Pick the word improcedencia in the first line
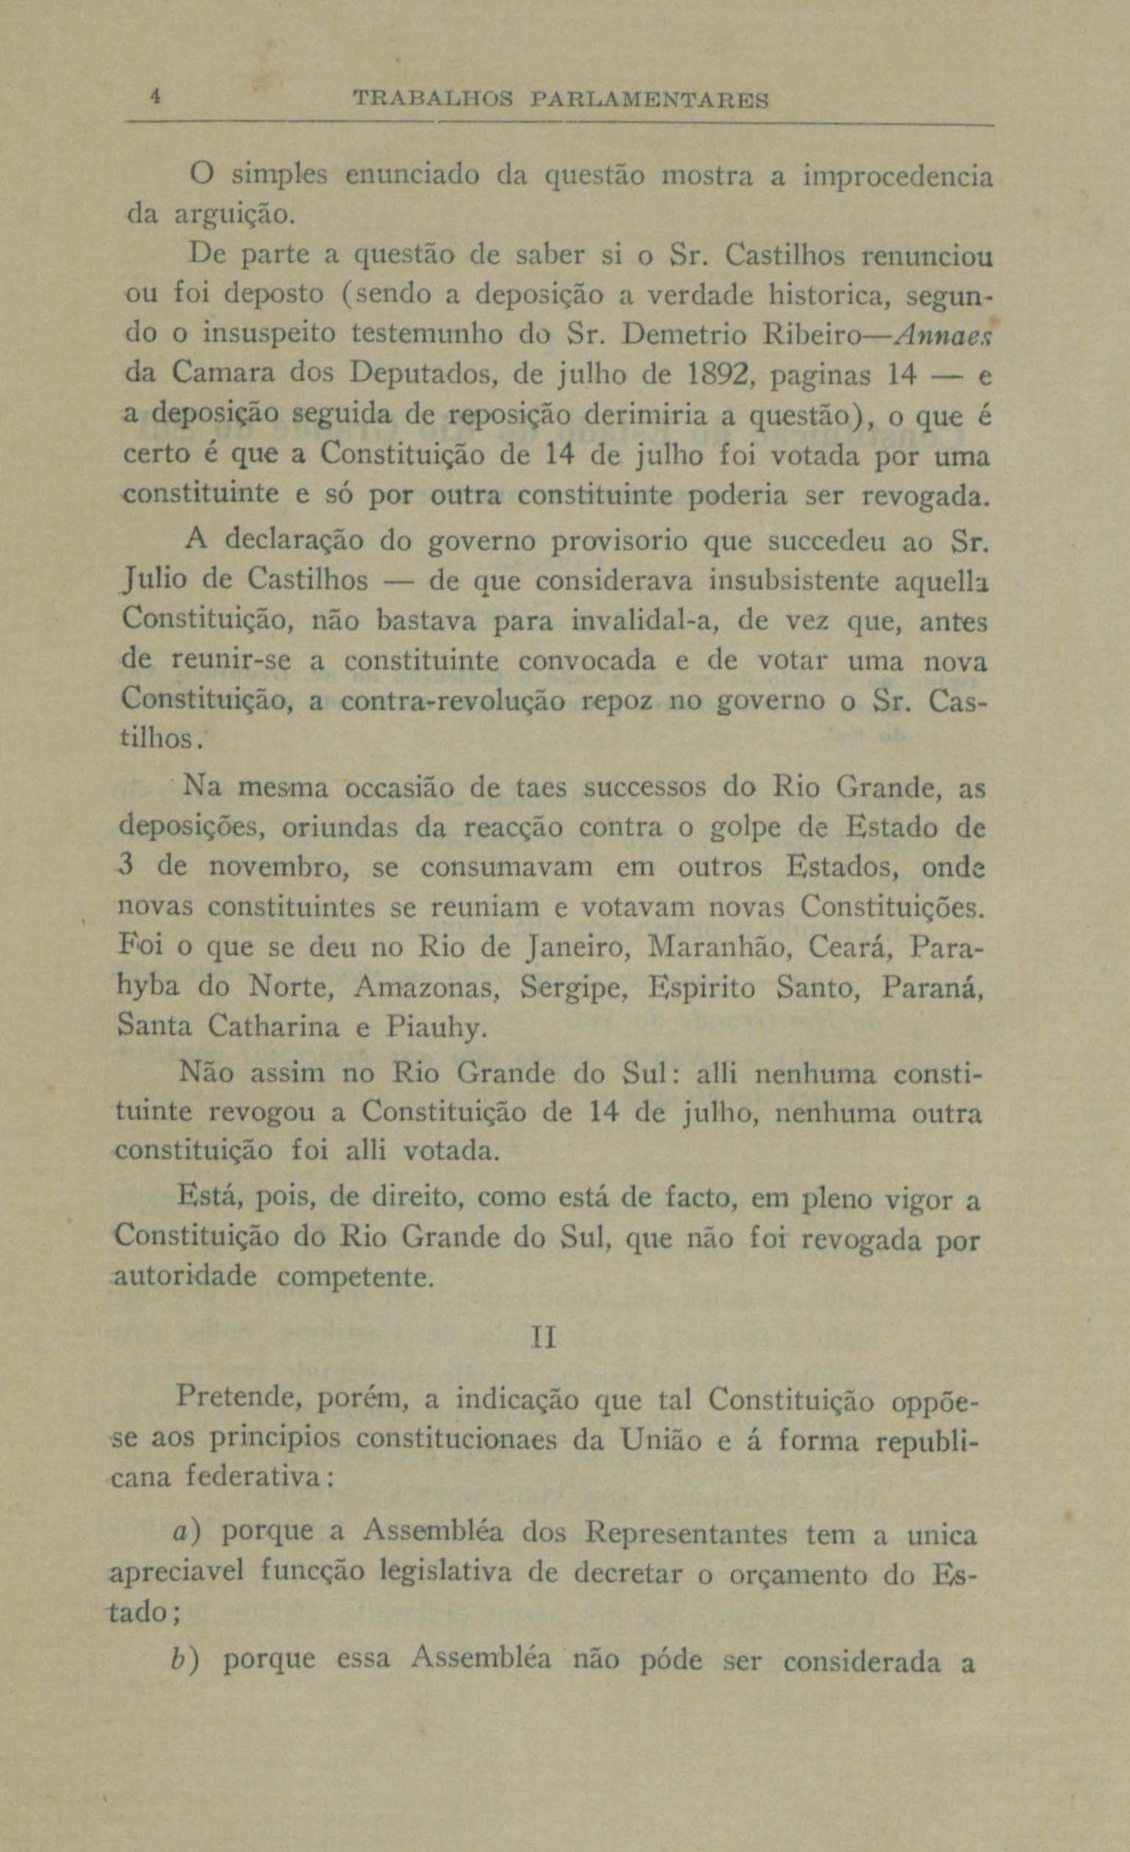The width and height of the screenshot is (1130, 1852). tap(898, 178)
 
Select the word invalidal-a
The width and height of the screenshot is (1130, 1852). tap(646, 622)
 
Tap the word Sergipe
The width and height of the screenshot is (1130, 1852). tap(574, 987)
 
